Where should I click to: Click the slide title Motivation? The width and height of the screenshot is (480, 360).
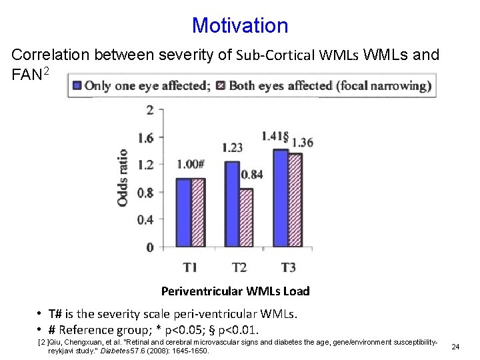coord(240,25)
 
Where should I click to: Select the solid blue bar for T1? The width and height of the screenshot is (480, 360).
coord(183,213)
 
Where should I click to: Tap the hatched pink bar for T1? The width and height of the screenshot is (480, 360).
coord(198,213)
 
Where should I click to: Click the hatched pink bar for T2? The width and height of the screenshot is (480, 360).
coord(247,218)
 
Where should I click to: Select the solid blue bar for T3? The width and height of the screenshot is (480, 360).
coord(281,198)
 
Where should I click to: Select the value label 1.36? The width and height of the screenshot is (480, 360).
coord(303,142)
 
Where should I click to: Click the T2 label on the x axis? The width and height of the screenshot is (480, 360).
coord(239,267)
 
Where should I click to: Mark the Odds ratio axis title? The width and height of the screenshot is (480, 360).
coord(123,177)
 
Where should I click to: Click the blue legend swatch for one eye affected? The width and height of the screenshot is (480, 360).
coord(78,85)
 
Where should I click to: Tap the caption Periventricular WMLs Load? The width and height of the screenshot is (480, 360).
coord(235,291)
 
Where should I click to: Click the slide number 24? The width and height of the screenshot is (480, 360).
coord(455,347)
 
